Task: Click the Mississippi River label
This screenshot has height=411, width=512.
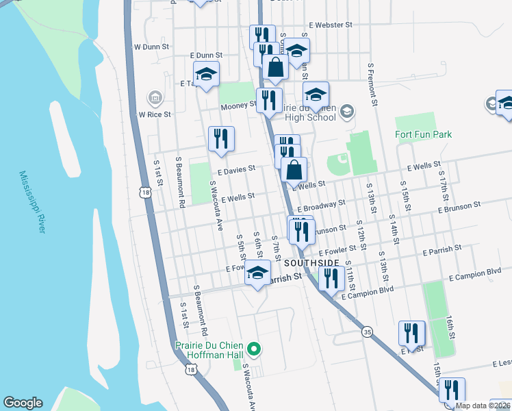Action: point(31,202)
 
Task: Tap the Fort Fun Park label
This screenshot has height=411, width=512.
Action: point(424,134)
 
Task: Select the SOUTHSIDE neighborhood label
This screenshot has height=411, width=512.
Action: point(311,263)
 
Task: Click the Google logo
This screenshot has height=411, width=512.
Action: point(23,403)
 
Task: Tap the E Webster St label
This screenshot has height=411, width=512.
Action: point(330,25)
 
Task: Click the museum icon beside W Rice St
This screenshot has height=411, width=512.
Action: point(155,98)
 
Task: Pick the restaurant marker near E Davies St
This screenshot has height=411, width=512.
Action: point(221,139)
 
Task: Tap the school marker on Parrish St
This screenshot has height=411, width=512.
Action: point(257,273)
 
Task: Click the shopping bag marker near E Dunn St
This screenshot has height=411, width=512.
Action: point(275,67)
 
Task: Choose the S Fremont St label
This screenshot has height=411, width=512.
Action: point(374,85)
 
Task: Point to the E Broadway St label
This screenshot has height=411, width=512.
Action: point(320,205)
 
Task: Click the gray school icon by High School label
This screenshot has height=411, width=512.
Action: point(347,110)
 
